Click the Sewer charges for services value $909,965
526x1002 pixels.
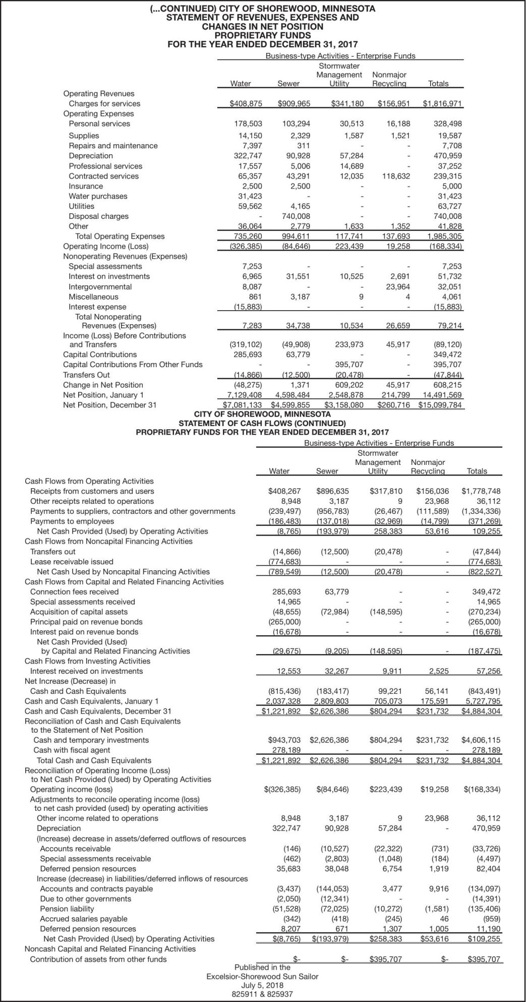tap(295, 104)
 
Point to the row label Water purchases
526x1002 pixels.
tap(98, 196)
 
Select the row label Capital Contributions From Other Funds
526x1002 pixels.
tap(133, 365)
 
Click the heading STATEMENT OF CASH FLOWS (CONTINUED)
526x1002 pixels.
tap(262, 423)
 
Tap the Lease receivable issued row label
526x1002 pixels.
tap(72, 561)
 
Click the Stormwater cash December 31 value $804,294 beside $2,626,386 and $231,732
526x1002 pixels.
tap(386, 711)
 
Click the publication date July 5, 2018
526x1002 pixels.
tap(262, 985)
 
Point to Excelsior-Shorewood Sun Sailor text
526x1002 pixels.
tap(262, 976)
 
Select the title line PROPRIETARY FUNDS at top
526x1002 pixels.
tap(262, 35)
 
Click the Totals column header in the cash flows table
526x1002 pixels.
tap(477, 471)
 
